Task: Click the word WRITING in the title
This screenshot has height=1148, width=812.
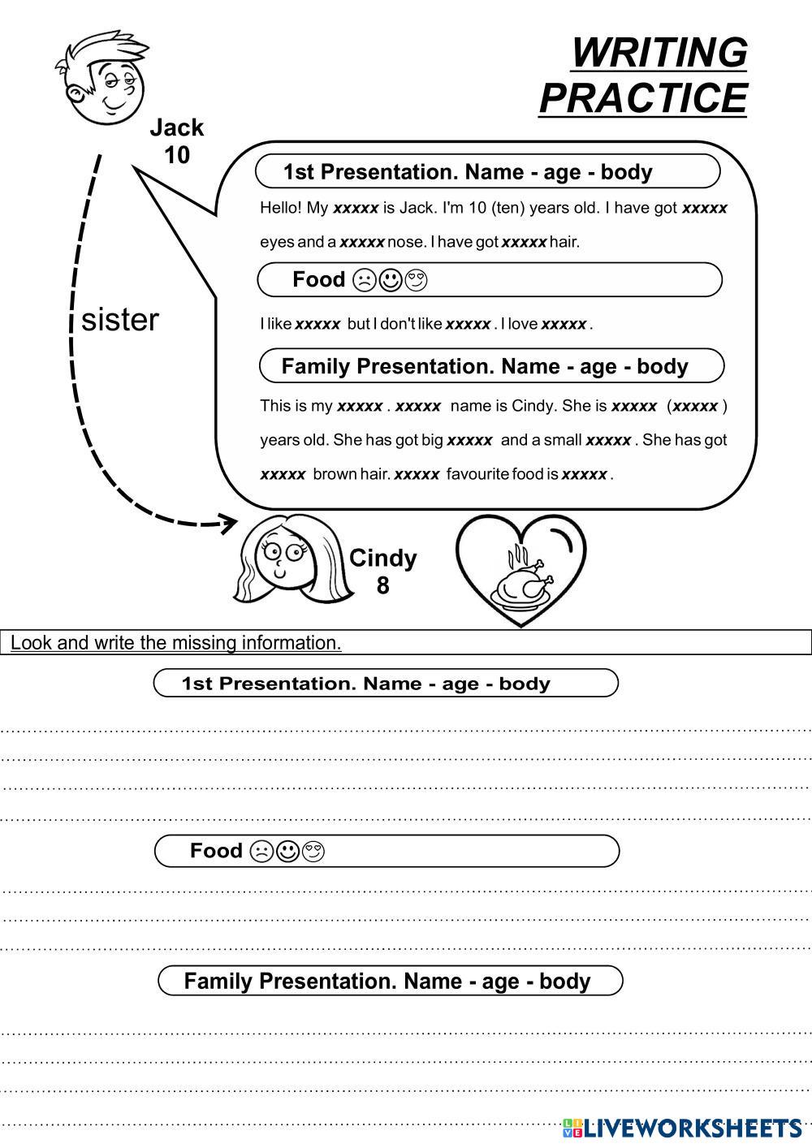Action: [x=659, y=54]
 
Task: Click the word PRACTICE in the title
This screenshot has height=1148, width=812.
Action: [x=642, y=98]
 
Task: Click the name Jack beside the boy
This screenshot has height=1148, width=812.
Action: [x=176, y=128]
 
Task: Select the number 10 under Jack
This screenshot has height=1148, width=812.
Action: [x=176, y=155]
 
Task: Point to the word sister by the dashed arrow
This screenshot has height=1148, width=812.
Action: [x=120, y=320]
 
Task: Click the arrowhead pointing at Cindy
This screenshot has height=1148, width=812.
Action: [x=230, y=522]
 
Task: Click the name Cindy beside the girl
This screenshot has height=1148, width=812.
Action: [x=382, y=559]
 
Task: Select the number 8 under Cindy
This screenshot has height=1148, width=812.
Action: [x=382, y=585]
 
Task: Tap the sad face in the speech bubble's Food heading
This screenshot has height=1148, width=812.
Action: [x=364, y=281]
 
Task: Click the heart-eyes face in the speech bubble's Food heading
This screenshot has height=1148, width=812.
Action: [x=417, y=281]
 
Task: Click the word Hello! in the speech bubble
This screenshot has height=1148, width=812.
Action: [x=281, y=208]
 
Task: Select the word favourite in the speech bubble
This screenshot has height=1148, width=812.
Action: [x=477, y=474]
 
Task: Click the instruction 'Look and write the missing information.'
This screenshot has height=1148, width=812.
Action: [x=175, y=643]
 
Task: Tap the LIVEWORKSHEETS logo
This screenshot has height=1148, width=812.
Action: [x=682, y=1127]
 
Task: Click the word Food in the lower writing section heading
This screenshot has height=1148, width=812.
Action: [x=216, y=851]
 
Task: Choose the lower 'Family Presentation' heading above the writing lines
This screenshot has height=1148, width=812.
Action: [x=387, y=981]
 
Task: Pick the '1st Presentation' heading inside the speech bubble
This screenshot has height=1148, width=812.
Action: [x=468, y=172]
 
